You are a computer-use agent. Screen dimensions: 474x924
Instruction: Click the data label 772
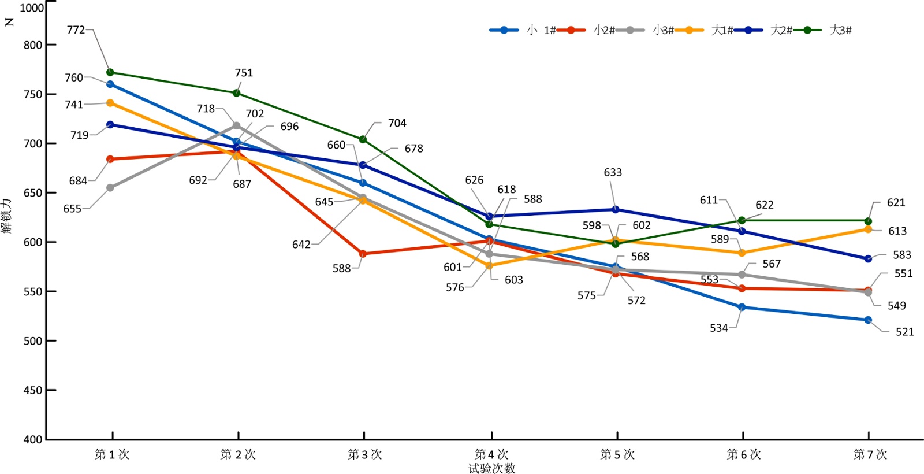click(76, 29)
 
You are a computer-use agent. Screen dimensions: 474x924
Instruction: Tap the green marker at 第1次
click(110, 72)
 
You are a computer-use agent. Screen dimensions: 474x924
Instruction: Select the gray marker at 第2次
click(236, 125)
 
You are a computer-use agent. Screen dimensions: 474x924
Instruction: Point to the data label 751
click(244, 73)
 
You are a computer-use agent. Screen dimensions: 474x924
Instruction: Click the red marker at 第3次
click(363, 254)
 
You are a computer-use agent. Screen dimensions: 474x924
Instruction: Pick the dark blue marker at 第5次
click(616, 209)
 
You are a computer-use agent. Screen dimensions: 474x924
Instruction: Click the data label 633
click(613, 172)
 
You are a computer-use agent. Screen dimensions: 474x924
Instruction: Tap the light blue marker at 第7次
click(868, 320)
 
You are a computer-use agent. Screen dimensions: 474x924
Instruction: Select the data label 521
click(904, 332)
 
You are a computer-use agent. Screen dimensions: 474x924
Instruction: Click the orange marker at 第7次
click(868, 229)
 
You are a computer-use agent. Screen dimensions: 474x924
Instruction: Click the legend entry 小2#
click(604, 30)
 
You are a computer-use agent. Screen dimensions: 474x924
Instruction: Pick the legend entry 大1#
click(722, 30)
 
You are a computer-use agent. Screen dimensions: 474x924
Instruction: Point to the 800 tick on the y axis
click(33, 45)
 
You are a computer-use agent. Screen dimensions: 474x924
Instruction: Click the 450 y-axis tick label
click(33, 390)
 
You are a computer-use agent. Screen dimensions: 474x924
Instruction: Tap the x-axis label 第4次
click(491, 454)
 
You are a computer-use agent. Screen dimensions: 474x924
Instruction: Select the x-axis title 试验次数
click(491, 468)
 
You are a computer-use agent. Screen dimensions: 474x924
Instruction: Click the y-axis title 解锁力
click(7, 216)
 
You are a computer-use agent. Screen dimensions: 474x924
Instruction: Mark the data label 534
click(719, 328)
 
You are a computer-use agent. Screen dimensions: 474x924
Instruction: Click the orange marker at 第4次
click(489, 266)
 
